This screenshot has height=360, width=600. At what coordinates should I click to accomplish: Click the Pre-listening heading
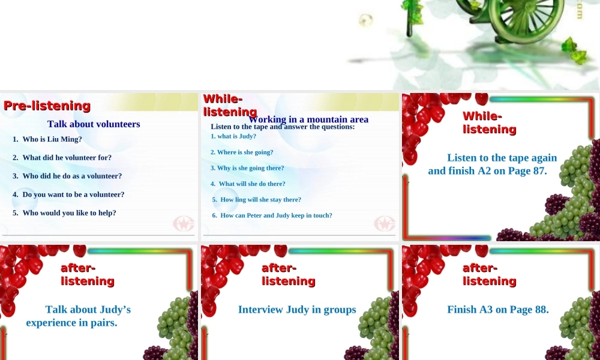[x=47, y=106]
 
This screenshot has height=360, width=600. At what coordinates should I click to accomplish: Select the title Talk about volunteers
[x=94, y=124]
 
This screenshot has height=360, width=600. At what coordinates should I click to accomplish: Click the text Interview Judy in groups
[x=297, y=310]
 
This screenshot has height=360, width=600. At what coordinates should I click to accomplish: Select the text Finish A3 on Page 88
[x=498, y=310]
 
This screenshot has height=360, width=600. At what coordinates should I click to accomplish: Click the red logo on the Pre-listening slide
[x=184, y=224]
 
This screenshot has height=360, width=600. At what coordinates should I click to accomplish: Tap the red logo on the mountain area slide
[x=385, y=224]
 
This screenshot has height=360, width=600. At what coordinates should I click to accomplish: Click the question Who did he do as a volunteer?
[x=72, y=176]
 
